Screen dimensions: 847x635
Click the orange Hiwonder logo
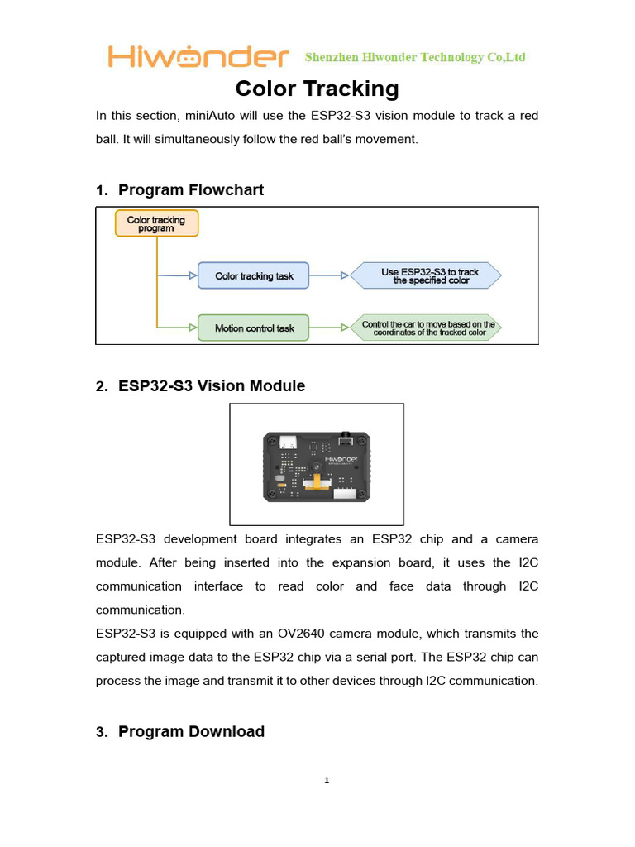tap(198, 57)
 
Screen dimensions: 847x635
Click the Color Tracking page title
tap(317, 89)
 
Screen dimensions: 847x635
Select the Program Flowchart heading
tap(191, 190)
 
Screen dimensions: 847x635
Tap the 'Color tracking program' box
tap(156, 223)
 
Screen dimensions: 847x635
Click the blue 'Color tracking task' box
tap(253, 276)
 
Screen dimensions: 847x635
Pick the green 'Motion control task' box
tap(253, 328)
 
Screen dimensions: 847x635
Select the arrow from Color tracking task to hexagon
tap(329, 276)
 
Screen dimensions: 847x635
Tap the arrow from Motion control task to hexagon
tap(329, 328)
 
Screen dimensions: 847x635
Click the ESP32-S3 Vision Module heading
tap(212, 386)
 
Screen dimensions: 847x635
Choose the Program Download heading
tap(191, 732)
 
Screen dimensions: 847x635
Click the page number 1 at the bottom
tap(327, 781)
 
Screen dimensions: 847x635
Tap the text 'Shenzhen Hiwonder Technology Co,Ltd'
tap(415, 58)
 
